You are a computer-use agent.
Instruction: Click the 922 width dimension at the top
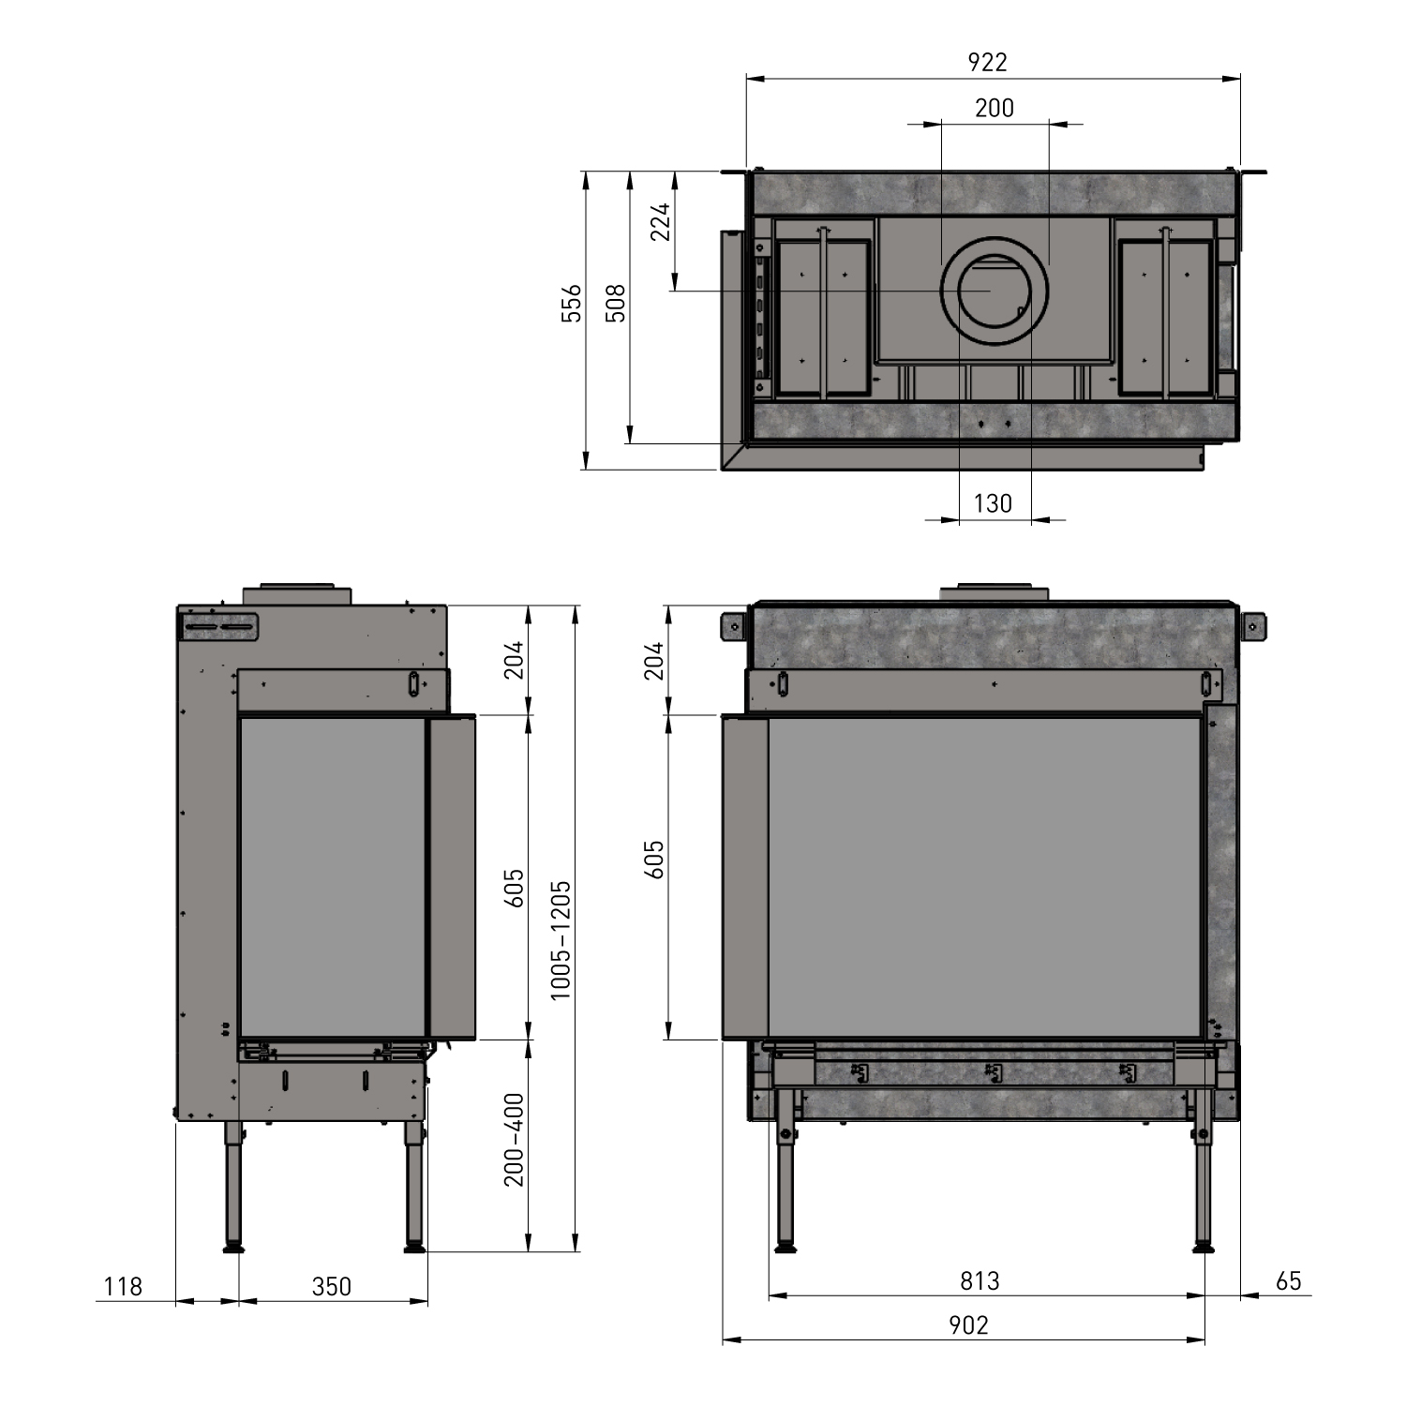click(x=987, y=62)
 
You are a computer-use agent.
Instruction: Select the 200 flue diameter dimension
click(x=995, y=108)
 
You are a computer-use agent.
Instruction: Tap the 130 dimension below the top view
click(x=994, y=503)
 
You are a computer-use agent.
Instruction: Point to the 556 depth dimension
click(x=572, y=304)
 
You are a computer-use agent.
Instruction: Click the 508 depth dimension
click(x=615, y=304)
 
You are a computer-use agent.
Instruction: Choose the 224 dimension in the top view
click(x=662, y=223)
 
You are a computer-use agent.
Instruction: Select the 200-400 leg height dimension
click(x=515, y=1140)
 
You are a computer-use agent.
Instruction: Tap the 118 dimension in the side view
click(x=123, y=1286)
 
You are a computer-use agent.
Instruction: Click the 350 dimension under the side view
click(x=332, y=1286)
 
